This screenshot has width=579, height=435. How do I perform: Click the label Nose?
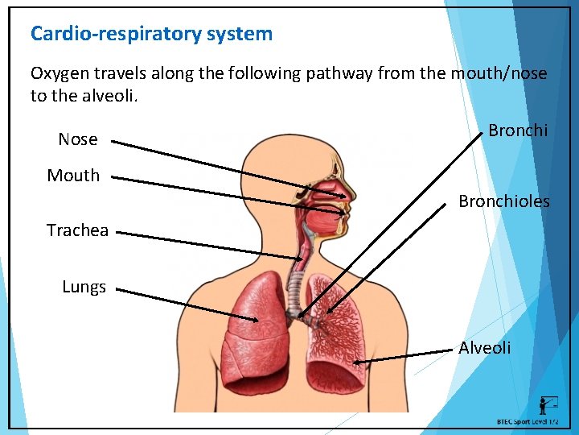[x=78, y=139]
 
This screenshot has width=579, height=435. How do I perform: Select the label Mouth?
[x=73, y=176]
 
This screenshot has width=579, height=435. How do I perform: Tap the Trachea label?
[x=77, y=230]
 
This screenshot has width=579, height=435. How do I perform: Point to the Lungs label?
[x=84, y=287]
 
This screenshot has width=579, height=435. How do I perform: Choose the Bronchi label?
[x=518, y=130]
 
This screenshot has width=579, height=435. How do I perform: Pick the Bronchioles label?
[x=504, y=201]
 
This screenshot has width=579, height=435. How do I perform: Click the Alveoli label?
[x=484, y=348]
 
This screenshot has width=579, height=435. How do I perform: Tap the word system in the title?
[x=239, y=34]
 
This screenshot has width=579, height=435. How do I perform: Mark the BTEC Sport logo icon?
[x=548, y=405]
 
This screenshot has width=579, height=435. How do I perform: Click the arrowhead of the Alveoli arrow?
[x=356, y=364]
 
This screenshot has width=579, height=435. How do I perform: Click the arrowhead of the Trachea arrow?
[x=304, y=258]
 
